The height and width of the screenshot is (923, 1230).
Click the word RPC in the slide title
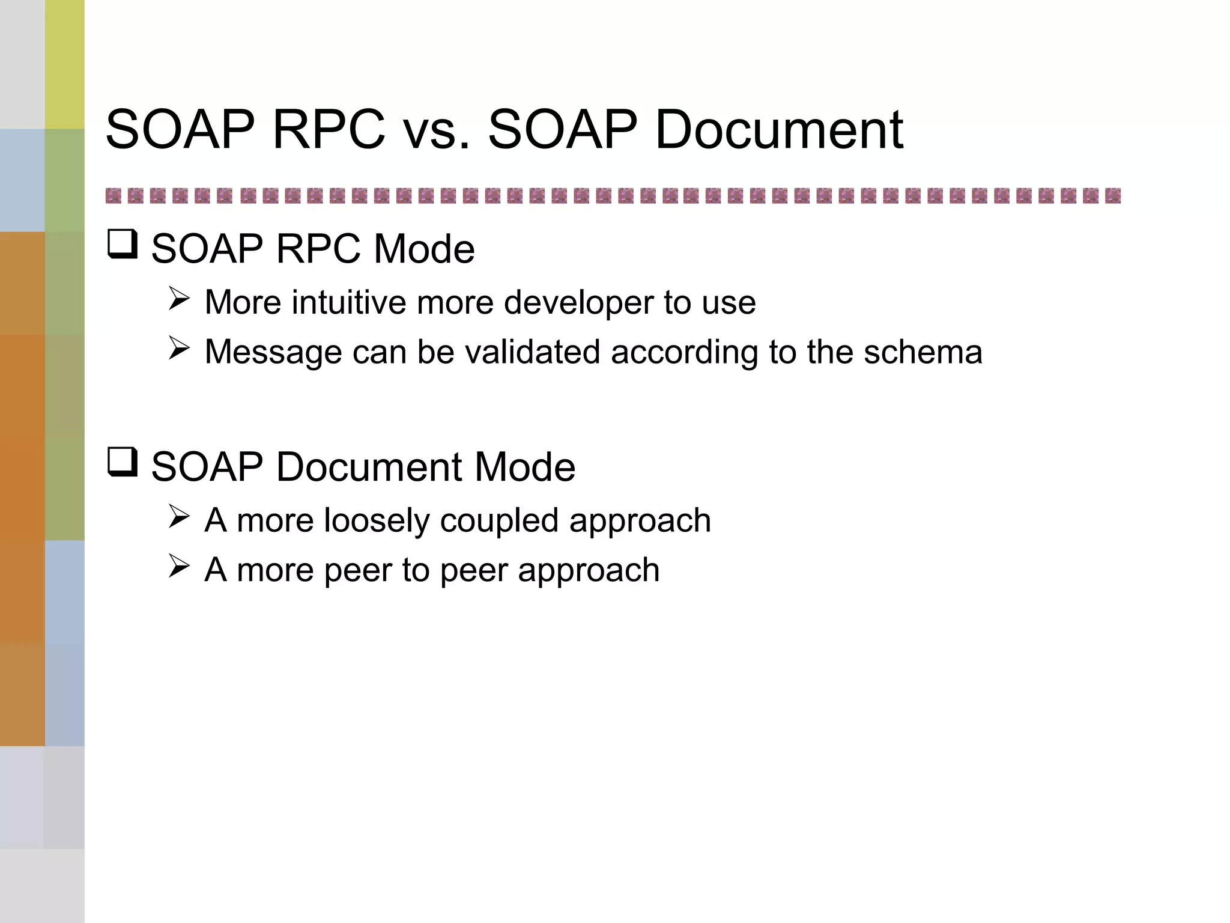pos(329,129)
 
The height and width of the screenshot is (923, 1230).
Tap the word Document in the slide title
pos(779,129)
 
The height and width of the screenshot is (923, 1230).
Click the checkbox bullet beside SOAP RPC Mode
pos(123,245)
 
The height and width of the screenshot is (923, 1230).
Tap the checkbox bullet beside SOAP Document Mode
pos(123,462)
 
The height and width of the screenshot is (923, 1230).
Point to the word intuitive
pos(348,302)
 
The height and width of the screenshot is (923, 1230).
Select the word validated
pos(532,352)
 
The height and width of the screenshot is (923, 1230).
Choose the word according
pos(684,353)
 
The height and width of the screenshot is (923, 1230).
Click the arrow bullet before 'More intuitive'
pos(179,298)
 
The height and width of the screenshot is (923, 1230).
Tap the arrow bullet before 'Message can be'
pos(179,348)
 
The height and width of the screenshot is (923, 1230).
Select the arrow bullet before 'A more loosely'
pos(179,516)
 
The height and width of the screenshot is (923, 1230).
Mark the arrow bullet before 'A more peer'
pos(179,566)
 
